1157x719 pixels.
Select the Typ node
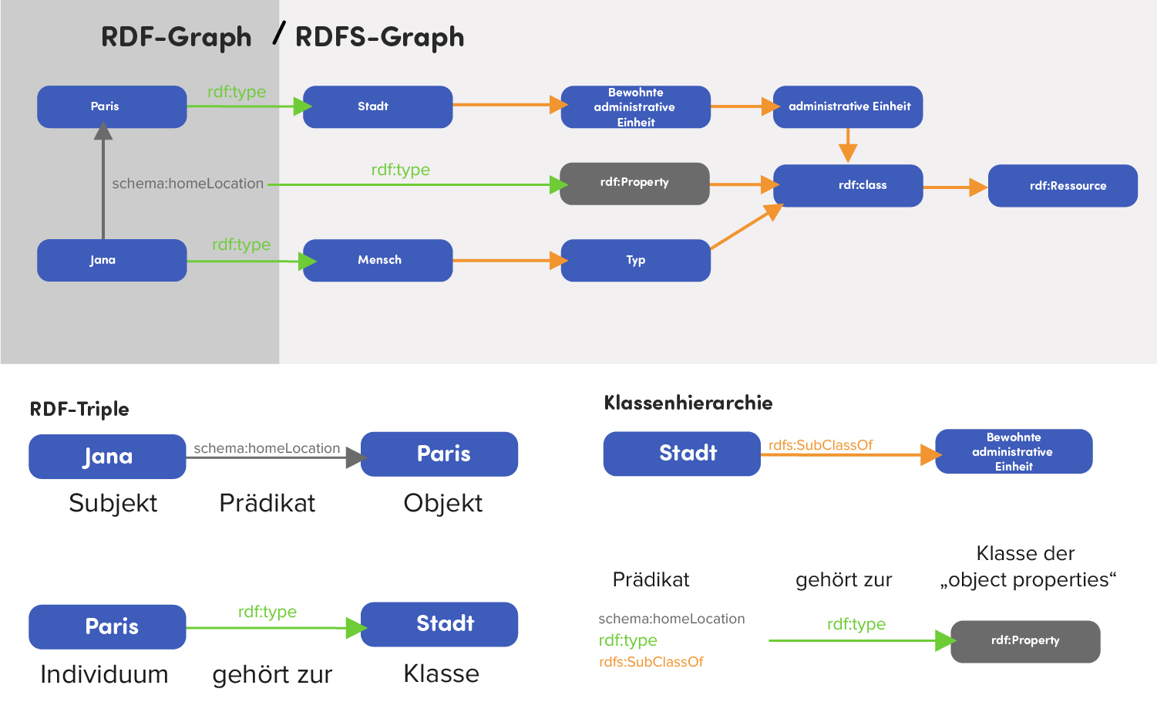coord(635,260)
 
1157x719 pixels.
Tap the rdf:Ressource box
coord(1062,185)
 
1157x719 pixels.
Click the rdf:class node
coord(848,185)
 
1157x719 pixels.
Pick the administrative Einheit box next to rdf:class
coord(848,106)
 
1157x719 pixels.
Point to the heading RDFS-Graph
coord(379,37)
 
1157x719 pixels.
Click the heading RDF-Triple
coord(79,409)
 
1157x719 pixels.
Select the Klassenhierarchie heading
coord(688,403)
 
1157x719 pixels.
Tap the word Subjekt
coord(113,503)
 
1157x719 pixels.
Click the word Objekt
coord(442,503)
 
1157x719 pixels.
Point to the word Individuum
coord(104,674)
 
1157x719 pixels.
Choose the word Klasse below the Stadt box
coord(441,673)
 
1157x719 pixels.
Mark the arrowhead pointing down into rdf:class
coord(848,154)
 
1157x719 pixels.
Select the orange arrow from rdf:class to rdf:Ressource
coord(954,187)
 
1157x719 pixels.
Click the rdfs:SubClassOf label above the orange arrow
coord(820,445)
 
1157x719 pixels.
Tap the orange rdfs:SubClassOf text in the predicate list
coord(651,662)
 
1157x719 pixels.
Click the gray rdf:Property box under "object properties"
coord(1025,641)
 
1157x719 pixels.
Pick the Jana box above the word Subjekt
coord(107,457)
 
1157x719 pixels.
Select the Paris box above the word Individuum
coord(107,626)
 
